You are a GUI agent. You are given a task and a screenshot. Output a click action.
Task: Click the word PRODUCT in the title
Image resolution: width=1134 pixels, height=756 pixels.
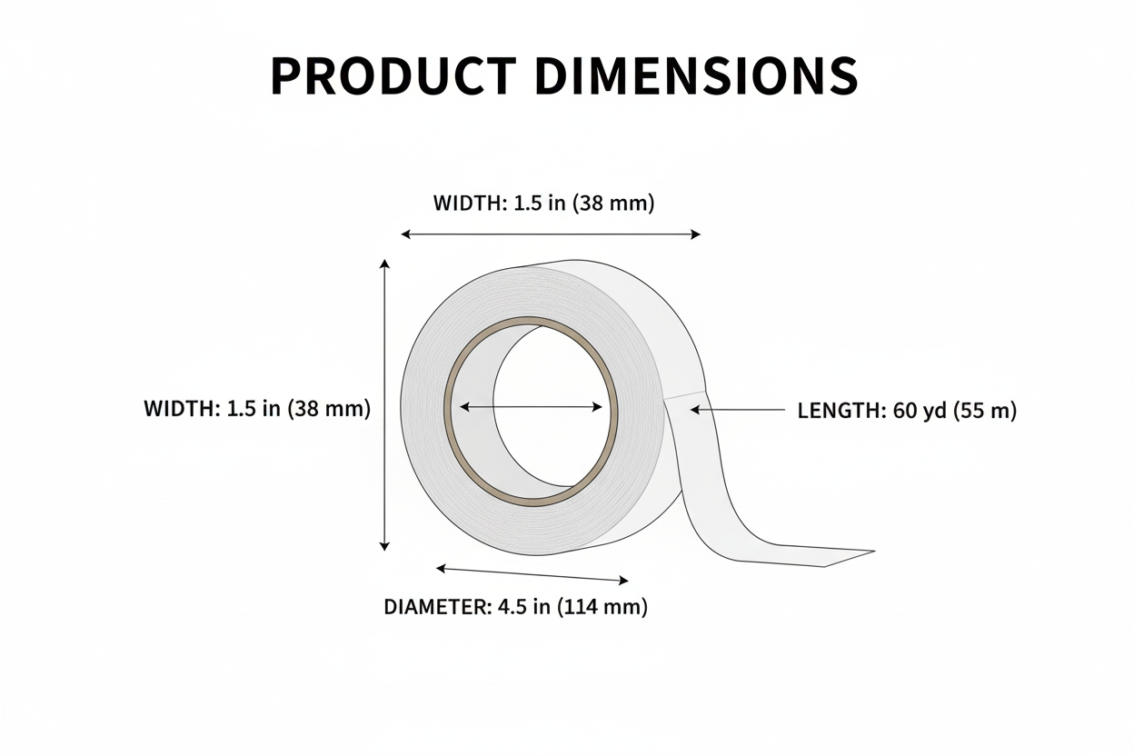pyautogui.click(x=393, y=76)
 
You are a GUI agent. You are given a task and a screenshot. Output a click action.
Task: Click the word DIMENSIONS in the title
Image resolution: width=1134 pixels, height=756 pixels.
pyautogui.click(x=696, y=76)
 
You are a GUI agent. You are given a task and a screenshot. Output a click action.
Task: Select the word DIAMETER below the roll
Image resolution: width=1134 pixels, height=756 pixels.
pyautogui.click(x=436, y=607)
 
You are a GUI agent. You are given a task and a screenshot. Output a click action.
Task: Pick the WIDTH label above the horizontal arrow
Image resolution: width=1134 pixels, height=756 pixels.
pyautogui.click(x=470, y=204)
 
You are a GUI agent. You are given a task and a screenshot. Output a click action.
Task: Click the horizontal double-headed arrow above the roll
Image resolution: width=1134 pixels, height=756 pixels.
pyautogui.click(x=551, y=234)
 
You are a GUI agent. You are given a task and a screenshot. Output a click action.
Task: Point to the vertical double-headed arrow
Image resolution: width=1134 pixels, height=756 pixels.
pyautogui.click(x=384, y=404)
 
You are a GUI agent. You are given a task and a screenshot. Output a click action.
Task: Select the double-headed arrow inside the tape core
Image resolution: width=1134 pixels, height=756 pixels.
pyautogui.click(x=531, y=407)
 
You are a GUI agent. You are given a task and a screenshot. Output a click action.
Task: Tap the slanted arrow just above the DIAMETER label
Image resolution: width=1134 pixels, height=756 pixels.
pyautogui.click(x=532, y=574)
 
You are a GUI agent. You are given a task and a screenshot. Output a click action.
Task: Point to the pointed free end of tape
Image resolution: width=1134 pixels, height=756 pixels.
pyautogui.click(x=863, y=552)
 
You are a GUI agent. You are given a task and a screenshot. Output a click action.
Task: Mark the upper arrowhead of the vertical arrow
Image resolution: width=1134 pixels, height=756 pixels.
pyautogui.click(x=384, y=264)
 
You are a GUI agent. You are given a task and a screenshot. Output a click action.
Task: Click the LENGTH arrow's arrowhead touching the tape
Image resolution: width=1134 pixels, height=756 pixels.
pyautogui.click(x=695, y=411)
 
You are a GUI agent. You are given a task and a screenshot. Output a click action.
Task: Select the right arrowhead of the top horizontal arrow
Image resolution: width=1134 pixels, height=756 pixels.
pyautogui.click(x=695, y=234)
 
